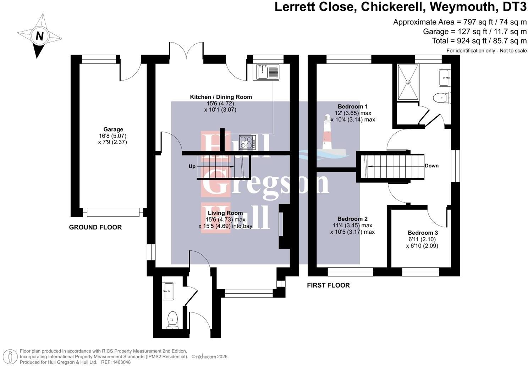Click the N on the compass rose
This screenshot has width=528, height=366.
pyautogui.click(x=40, y=36)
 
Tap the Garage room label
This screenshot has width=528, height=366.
pyautogui.click(x=113, y=129)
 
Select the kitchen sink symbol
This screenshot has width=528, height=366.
pyautogui.click(x=266, y=72)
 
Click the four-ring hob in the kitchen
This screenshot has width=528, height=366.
pyautogui.click(x=247, y=142)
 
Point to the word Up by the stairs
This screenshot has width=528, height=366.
pyautogui.click(x=192, y=167)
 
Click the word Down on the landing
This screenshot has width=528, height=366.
pyautogui.click(x=431, y=166)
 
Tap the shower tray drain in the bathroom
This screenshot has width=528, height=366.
pyautogui.click(x=408, y=82)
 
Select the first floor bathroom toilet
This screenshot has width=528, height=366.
pyautogui.click(x=442, y=98)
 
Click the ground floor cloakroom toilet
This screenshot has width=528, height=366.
pyautogui.click(x=172, y=320)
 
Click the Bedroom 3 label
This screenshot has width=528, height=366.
pyautogui.click(x=423, y=233)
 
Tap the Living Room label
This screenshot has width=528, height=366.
pyautogui.click(x=225, y=213)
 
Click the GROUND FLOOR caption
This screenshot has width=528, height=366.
pyautogui.click(x=95, y=227)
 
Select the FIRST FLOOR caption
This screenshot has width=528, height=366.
pyautogui.click(x=328, y=285)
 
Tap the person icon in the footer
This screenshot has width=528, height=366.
pyautogui.click(x=10, y=357)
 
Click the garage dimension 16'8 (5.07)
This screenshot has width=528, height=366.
pyautogui.click(x=113, y=136)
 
